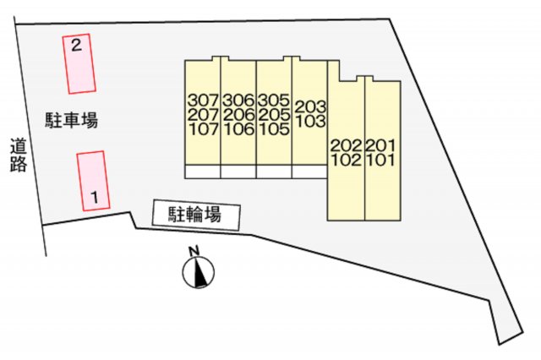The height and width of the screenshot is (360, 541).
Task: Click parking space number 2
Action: [x=80, y=63]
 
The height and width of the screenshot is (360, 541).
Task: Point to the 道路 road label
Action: [x=19, y=155]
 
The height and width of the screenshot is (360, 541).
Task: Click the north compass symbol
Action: [x=199, y=272]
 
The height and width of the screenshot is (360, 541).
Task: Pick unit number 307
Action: [x=203, y=99]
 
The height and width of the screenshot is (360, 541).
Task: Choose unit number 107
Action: [x=203, y=129]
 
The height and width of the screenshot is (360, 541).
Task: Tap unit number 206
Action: [x=239, y=114]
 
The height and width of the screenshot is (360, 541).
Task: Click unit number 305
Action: [x=275, y=99]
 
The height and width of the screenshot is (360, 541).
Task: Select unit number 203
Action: [x=310, y=106]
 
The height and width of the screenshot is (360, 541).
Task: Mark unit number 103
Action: [x=310, y=122]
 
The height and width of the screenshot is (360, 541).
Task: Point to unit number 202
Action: [x=347, y=145]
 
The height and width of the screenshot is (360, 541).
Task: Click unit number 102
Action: [x=347, y=160]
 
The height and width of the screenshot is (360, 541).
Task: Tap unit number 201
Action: [x=382, y=145]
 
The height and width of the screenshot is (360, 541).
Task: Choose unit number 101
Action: [x=382, y=160]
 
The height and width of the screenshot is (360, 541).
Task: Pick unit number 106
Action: [x=239, y=129]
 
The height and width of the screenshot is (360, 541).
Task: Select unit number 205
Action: [x=275, y=114]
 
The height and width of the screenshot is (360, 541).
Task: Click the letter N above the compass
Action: [x=194, y=251]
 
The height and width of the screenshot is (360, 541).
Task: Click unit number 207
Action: [x=203, y=114]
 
